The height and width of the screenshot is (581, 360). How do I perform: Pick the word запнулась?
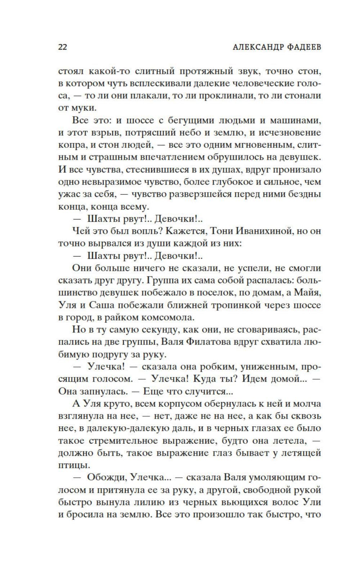click(103, 391)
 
